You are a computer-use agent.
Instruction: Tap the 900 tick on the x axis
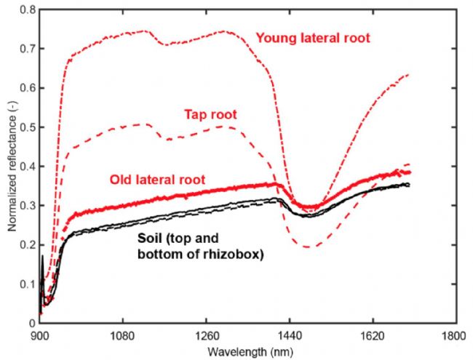40,337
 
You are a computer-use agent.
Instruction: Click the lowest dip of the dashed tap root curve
308,247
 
